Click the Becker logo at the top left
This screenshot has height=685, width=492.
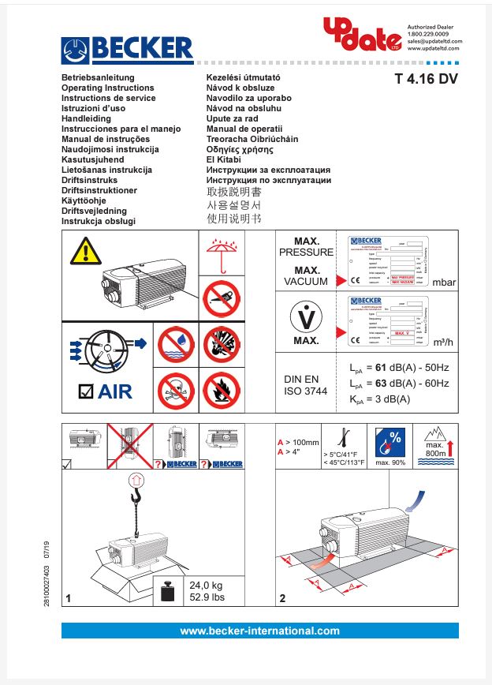pyautogui.click(x=127, y=50)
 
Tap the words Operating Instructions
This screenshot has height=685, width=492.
pyautogui.click(x=107, y=88)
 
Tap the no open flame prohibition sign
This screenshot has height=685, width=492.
pyautogui.click(x=222, y=389)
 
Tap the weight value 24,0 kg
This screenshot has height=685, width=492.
pyautogui.click(x=207, y=586)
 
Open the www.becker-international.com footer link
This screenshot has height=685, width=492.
pyautogui.click(x=259, y=631)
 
